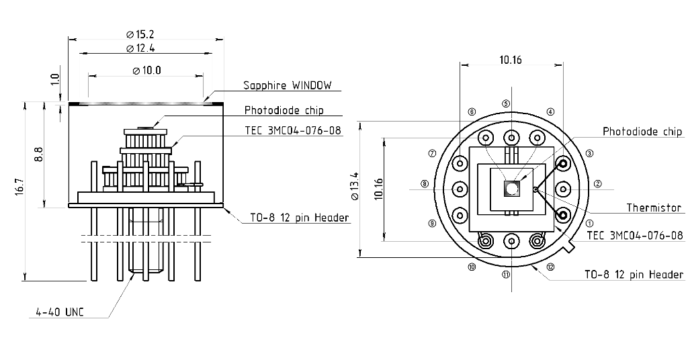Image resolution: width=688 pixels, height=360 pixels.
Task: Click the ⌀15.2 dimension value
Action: pyautogui.click(x=140, y=34)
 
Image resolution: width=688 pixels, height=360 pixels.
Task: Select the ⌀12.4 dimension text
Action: pyautogui.click(x=140, y=48)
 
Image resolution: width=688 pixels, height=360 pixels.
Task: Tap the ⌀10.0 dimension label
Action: pyautogui.click(x=146, y=70)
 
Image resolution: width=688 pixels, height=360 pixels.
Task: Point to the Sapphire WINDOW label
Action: pyautogui.click(x=288, y=85)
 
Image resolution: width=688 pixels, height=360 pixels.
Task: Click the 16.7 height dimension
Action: pyautogui.click(x=19, y=186)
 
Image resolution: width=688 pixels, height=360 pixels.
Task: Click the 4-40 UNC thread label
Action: pyautogui.click(x=60, y=312)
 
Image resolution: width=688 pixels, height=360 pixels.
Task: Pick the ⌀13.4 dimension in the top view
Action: pyautogui.click(x=355, y=186)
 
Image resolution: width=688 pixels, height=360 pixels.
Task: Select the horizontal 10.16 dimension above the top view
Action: pyautogui.click(x=511, y=60)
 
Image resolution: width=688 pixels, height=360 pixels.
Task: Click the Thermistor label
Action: pyautogui.click(x=654, y=208)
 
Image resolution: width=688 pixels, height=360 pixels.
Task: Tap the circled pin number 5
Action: pyautogui.click(x=506, y=104)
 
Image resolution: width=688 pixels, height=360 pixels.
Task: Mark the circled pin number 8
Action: pyautogui.click(x=425, y=184)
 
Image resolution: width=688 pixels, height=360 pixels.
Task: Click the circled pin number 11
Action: pyautogui.click(x=506, y=275)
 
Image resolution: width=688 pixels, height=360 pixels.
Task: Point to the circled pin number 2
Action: pyautogui.click(x=597, y=184)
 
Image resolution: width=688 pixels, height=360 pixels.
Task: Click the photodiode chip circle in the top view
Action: pyautogui.click(x=511, y=189)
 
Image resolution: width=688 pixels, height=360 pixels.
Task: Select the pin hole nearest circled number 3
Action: pyautogui.click(x=562, y=164)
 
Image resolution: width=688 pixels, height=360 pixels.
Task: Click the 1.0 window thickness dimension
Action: pyautogui.click(x=55, y=80)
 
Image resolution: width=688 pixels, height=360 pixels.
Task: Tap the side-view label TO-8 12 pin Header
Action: pyautogui.click(x=299, y=218)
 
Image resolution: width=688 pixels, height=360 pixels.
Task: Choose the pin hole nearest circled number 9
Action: pyautogui.click(x=460, y=216)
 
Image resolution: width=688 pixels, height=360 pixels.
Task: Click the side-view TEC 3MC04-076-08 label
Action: pyautogui.click(x=293, y=131)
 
